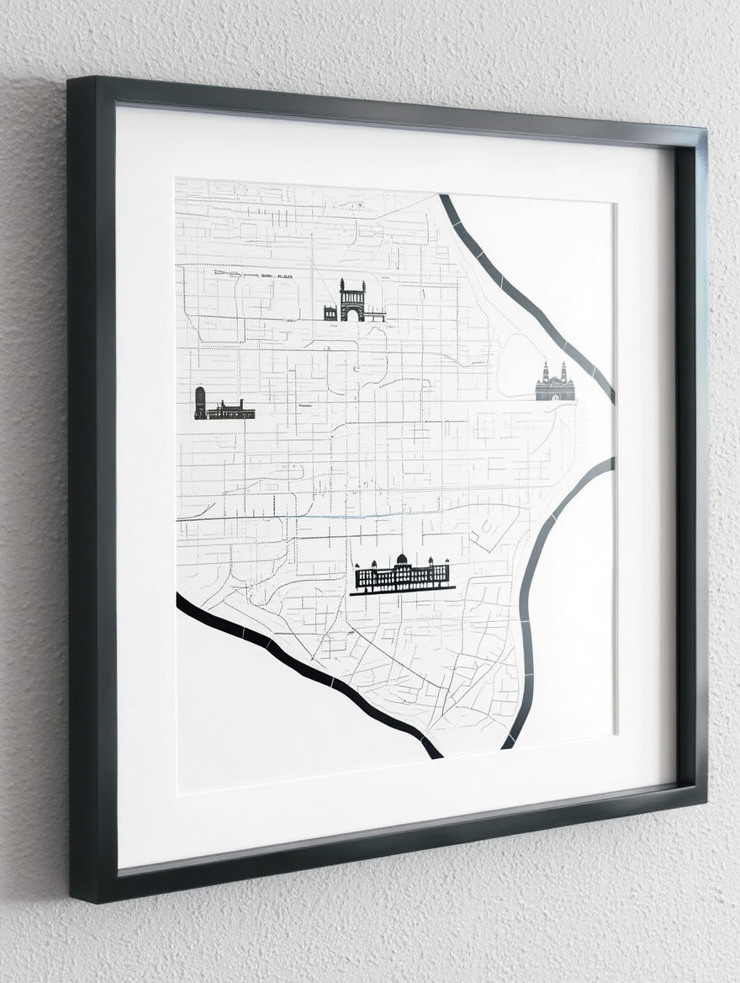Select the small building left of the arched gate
[330, 314]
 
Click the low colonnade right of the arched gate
[375, 316]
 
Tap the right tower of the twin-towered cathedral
[563, 371]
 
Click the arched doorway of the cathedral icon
[555, 393]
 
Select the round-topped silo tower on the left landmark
[200, 401]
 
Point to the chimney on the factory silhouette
[241, 404]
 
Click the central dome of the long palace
[402, 560]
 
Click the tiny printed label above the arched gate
[277, 275]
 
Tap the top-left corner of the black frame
[71, 80]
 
